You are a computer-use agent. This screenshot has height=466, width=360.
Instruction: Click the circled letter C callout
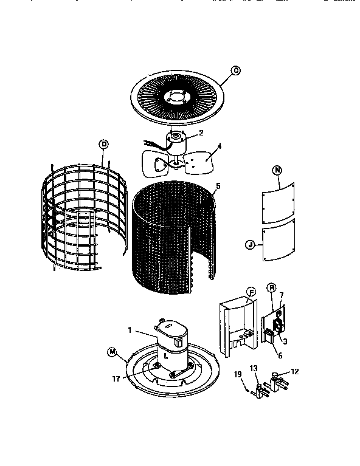[236, 71]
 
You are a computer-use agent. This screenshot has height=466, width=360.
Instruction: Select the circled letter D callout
[103, 143]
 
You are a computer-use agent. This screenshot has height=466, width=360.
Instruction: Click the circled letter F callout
[251, 290]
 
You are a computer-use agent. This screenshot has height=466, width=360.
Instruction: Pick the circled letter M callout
[111, 351]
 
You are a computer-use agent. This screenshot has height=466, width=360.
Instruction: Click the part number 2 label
[201, 132]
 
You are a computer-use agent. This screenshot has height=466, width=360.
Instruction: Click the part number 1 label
[130, 330]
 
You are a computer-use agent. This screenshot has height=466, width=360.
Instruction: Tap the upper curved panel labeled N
[280, 204]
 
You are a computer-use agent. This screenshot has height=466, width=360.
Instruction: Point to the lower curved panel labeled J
[279, 241]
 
